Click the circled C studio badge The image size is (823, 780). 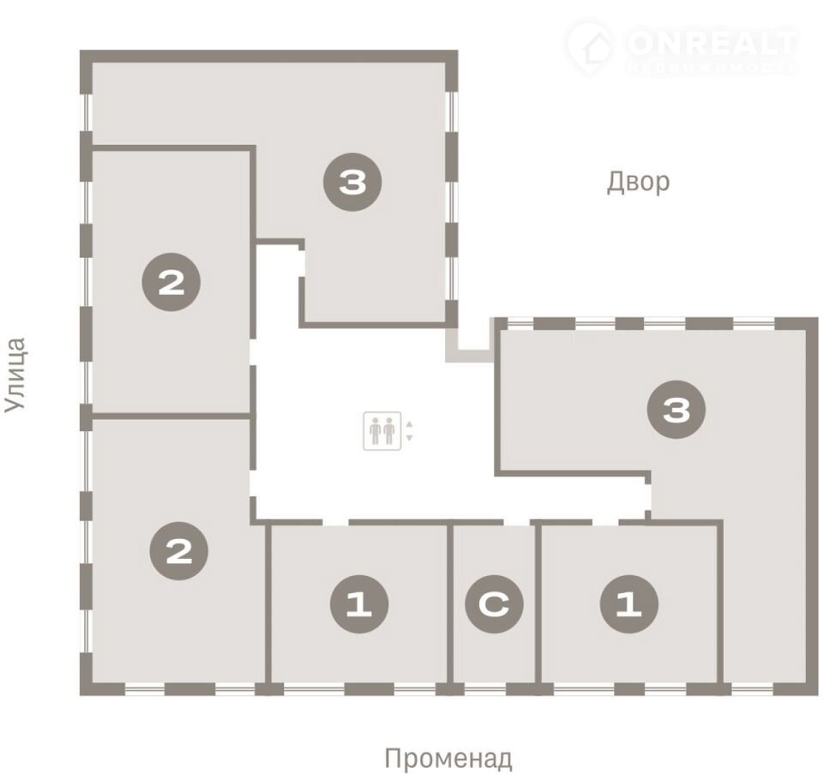pos(494,603)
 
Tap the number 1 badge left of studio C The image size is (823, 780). pos(359,603)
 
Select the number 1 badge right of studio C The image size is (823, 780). pos(628,603)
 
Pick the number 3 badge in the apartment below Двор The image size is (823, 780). pos(676,410)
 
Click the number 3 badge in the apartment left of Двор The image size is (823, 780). pos(352,182)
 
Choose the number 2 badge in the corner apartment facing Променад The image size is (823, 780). pos(179,550)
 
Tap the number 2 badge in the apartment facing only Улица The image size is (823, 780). pos(171,282)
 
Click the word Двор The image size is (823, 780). pos(638,182)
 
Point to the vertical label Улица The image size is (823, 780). pos(15,375)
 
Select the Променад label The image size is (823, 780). pos(448,759)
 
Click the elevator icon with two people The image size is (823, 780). pos(382,431)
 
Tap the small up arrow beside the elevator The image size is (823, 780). pos(410,423)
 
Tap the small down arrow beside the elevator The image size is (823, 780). pos(410,438)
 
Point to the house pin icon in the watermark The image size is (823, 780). pos(590,48)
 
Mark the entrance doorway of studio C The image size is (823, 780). pos(516,522)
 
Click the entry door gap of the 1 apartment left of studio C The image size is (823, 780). pos(335,522)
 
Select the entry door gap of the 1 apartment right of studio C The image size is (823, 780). pos(606,522)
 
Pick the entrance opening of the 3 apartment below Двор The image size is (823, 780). pos(649,496)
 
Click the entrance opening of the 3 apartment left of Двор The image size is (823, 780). pos(302,263)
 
